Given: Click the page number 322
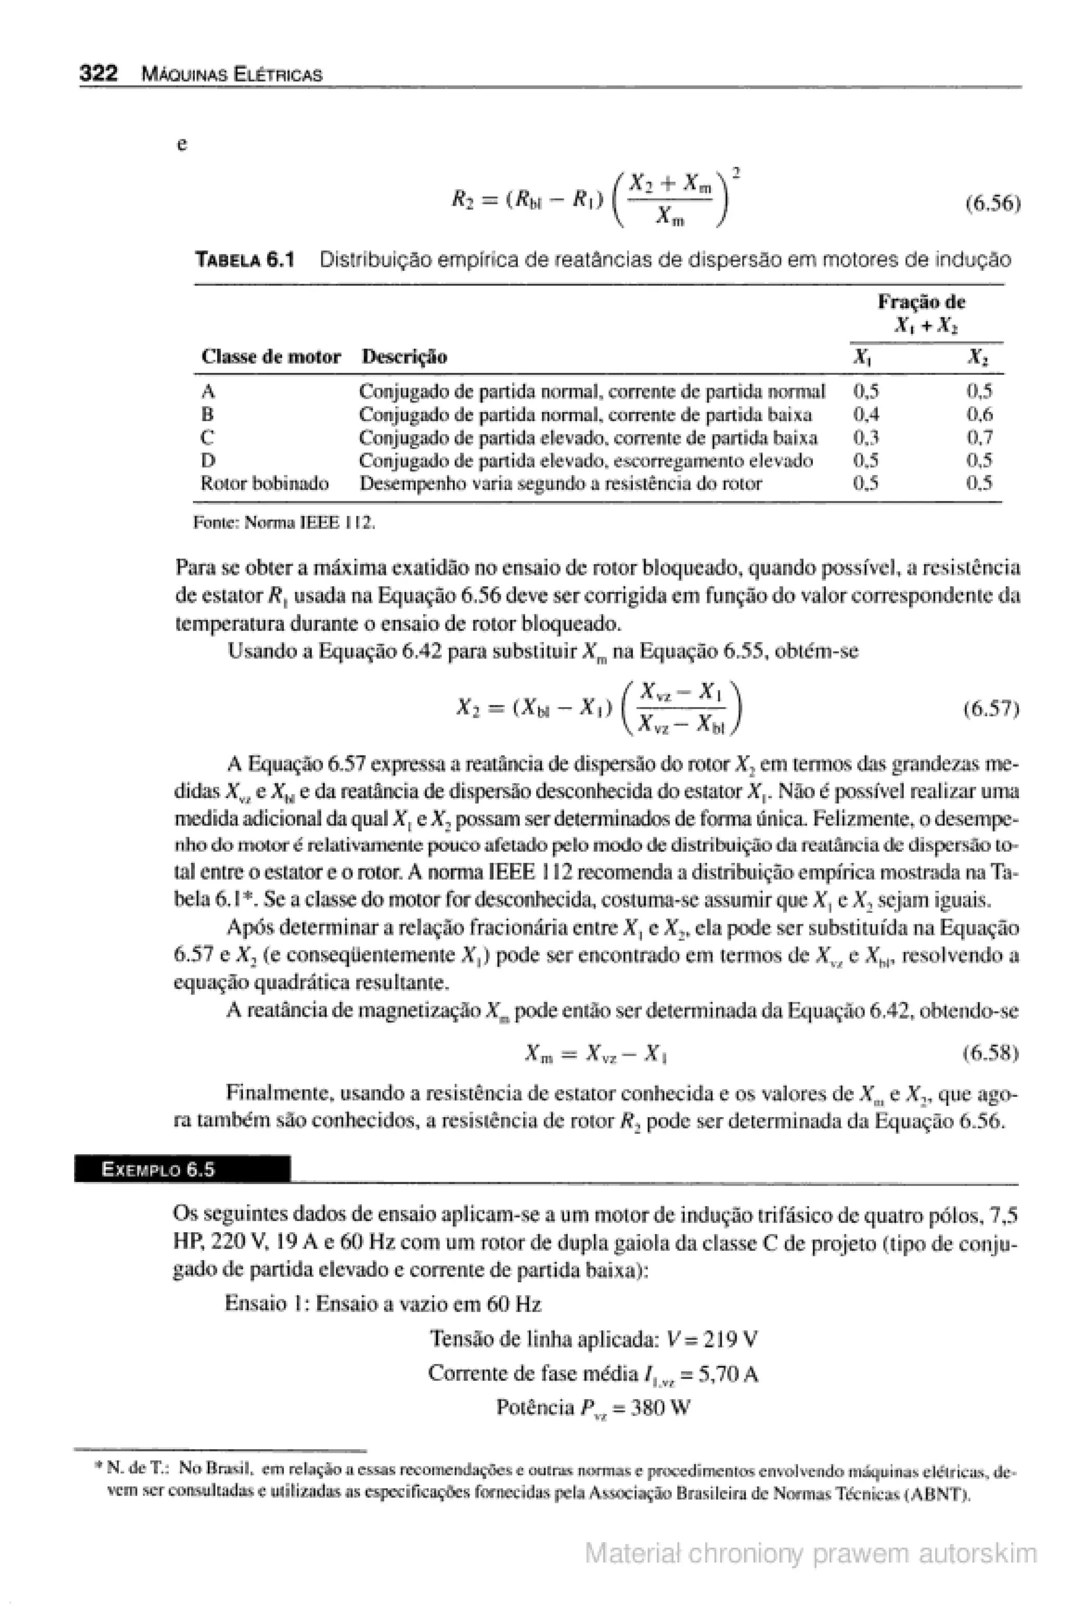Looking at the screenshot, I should [98, 73].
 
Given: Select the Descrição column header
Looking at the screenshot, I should [404, 356].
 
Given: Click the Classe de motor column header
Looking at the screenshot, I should [270, 356].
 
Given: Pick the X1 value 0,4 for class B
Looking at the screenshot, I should [865, 414].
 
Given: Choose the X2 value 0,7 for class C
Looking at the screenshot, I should [980, 437].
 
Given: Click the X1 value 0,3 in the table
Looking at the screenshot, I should [865, 437].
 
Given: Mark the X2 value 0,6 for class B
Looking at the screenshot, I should [980, 414].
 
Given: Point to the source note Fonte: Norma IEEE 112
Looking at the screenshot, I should [284, 523].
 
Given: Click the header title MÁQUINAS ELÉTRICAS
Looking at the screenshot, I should [231, 74].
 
